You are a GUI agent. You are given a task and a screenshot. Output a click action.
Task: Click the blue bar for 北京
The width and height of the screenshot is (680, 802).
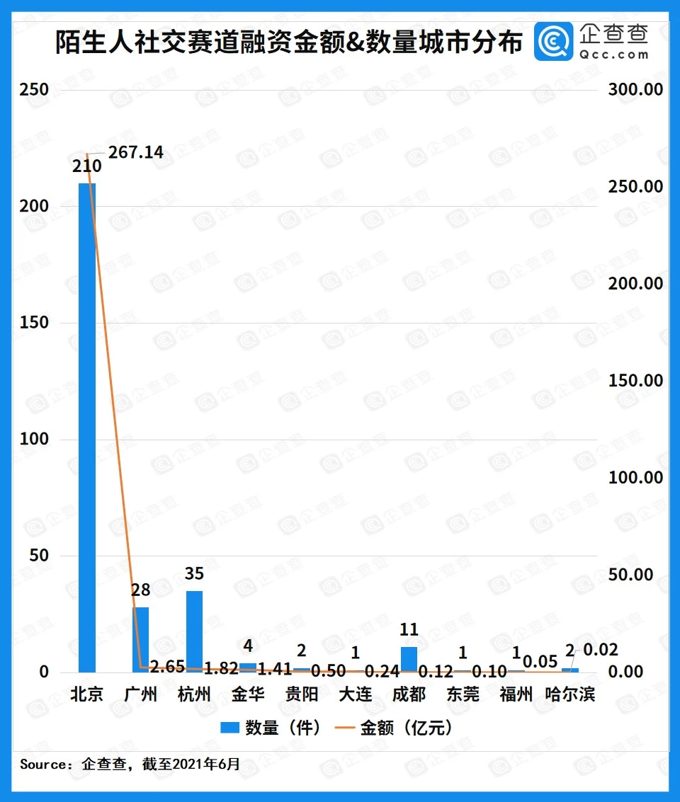pyautogui.click(x=87, y=428)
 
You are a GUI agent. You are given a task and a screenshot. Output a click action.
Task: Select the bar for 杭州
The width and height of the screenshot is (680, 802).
pyautogui.click(x=194, y=631)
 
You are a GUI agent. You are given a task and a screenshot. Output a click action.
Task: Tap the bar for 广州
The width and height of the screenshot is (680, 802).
pyautogui.click(x=140, y=639)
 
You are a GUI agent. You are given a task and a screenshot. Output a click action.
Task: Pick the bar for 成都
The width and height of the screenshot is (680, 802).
pyautogui.click(x=409, y=659)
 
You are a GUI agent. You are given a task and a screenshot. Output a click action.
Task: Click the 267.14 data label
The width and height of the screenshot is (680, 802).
pyautogui.click(x=135, y=152)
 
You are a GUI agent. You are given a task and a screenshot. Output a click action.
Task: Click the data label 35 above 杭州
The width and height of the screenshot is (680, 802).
pyautogui.click(x=194, y=574)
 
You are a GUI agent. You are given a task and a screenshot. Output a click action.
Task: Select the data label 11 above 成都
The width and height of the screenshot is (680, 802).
pyautogui.click(x=409, y=629)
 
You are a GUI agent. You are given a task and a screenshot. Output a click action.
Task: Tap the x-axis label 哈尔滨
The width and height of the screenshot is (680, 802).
pyautogui.click(x=570, y=694)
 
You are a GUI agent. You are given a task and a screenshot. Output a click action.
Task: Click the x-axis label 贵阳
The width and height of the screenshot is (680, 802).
pyautogui.click(x=302, y=694)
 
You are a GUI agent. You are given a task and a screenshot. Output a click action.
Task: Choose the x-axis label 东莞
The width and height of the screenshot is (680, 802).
pyautogui.click(x=463, y=694)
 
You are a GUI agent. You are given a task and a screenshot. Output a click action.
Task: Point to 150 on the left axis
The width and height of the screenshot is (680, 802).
pyautogui.click(x=35, y=323)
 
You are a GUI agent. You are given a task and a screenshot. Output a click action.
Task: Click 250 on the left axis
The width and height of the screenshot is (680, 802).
pyautogui.click(x=35, y=90)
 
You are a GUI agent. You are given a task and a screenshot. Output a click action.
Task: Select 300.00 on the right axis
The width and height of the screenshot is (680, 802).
pyautogui.click(x=635, y=90)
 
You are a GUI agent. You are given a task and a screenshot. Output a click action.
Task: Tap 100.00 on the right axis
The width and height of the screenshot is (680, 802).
pyautogui.click(x=635, y=478)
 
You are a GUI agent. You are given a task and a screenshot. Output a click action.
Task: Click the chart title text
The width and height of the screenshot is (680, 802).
pyautogui.click(x=289, y=42)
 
